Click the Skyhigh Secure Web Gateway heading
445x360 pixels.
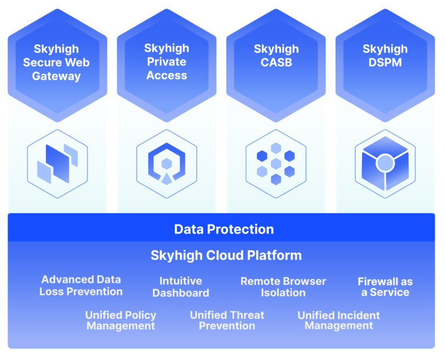[x=56, y=63]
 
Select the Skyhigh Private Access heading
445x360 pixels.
[x=166, y=62]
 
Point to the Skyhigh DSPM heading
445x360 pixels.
[x=385, y=56]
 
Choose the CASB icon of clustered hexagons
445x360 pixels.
[x=276, y=163]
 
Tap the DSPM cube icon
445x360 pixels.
[x=385, y=163]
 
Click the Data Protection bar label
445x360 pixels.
[x=224, y=229]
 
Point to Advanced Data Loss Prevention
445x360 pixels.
[x=81, y=286]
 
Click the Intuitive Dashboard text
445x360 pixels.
[x=181, y=287]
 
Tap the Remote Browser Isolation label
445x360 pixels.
[x=283, y=287]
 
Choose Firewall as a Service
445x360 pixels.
[x=385, y=287]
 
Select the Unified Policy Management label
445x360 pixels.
[x=121, y=321]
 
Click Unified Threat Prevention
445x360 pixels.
[x=227, y=321]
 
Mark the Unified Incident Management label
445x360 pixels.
[x=339, y=321]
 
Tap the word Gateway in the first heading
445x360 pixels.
[x=56, y=76]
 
